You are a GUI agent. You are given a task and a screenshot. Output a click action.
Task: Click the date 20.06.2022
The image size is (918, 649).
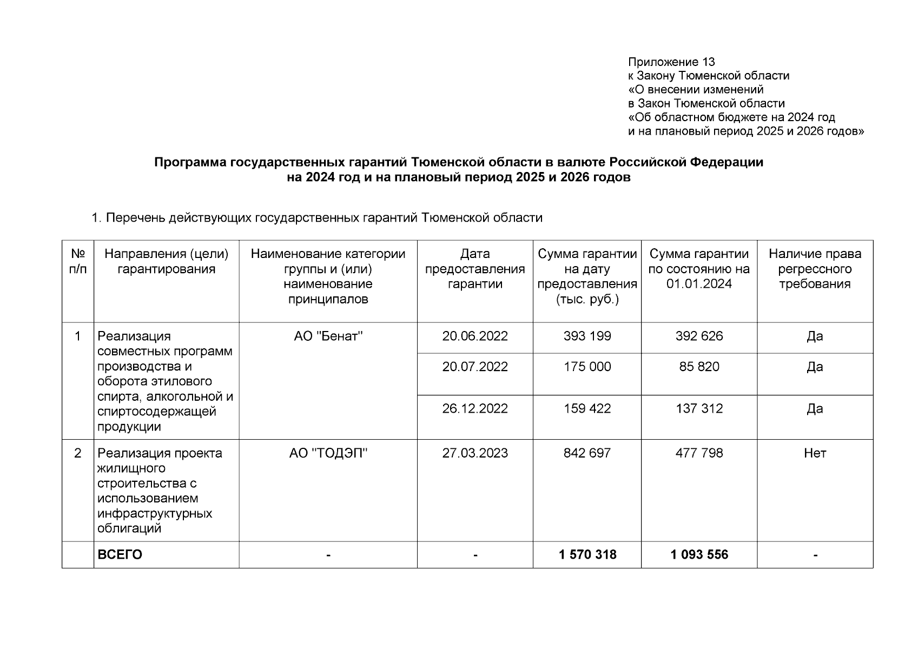474,336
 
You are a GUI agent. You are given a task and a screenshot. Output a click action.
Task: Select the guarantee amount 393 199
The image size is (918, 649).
587,336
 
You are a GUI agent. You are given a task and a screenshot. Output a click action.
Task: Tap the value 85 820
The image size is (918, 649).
699,367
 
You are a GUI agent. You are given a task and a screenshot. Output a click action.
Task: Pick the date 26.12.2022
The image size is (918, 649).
474,409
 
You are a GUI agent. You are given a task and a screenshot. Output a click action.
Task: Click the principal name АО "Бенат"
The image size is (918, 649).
328,336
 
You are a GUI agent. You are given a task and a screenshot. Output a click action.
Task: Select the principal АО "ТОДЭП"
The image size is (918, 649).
328,453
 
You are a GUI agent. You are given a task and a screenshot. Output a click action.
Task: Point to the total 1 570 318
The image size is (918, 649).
587,555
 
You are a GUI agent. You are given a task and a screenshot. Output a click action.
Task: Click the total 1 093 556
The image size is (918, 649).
699,555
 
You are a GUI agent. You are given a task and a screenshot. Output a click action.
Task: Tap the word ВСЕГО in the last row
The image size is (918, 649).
120,555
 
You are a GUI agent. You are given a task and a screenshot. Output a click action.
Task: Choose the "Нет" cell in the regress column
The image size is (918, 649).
815,453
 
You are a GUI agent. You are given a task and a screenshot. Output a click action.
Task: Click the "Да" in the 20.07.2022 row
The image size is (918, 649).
815,367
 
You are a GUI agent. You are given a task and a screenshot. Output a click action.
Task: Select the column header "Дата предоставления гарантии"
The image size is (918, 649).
474,269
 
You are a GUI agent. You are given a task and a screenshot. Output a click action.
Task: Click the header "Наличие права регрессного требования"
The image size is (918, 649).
815,269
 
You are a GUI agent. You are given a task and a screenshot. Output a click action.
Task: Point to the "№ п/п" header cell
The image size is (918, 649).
78,261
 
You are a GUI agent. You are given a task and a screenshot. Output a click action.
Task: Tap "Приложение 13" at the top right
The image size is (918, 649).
671,62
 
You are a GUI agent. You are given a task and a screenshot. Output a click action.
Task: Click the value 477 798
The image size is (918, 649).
699,453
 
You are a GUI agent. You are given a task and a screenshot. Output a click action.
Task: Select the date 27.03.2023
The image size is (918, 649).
474,453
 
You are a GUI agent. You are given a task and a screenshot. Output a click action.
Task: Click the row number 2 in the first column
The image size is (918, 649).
78,453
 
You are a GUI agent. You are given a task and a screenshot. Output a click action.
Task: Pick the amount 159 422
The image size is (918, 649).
587,409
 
